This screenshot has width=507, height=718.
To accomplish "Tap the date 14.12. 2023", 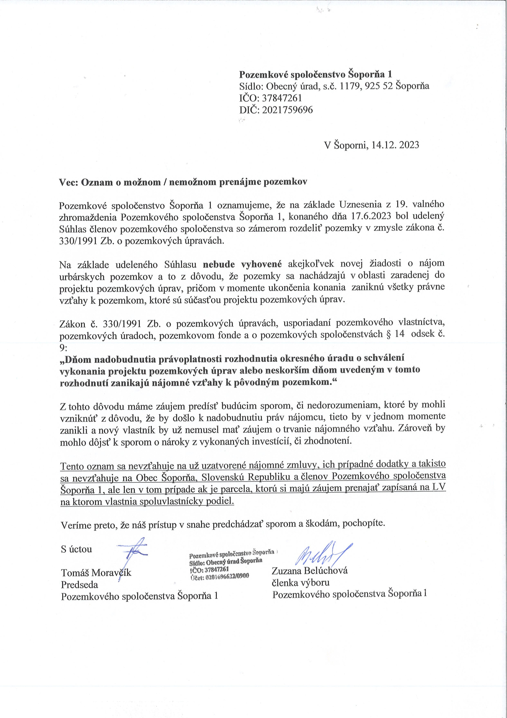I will pos(395,145).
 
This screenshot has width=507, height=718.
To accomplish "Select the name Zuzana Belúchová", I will pos(310,571).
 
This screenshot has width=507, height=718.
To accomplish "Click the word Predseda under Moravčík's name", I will pos(80,585).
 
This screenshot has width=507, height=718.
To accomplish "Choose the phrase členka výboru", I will pos(301,583).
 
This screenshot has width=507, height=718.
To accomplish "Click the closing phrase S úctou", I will pos(76,549).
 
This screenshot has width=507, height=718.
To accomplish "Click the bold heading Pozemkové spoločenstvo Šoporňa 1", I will pos(315,75).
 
